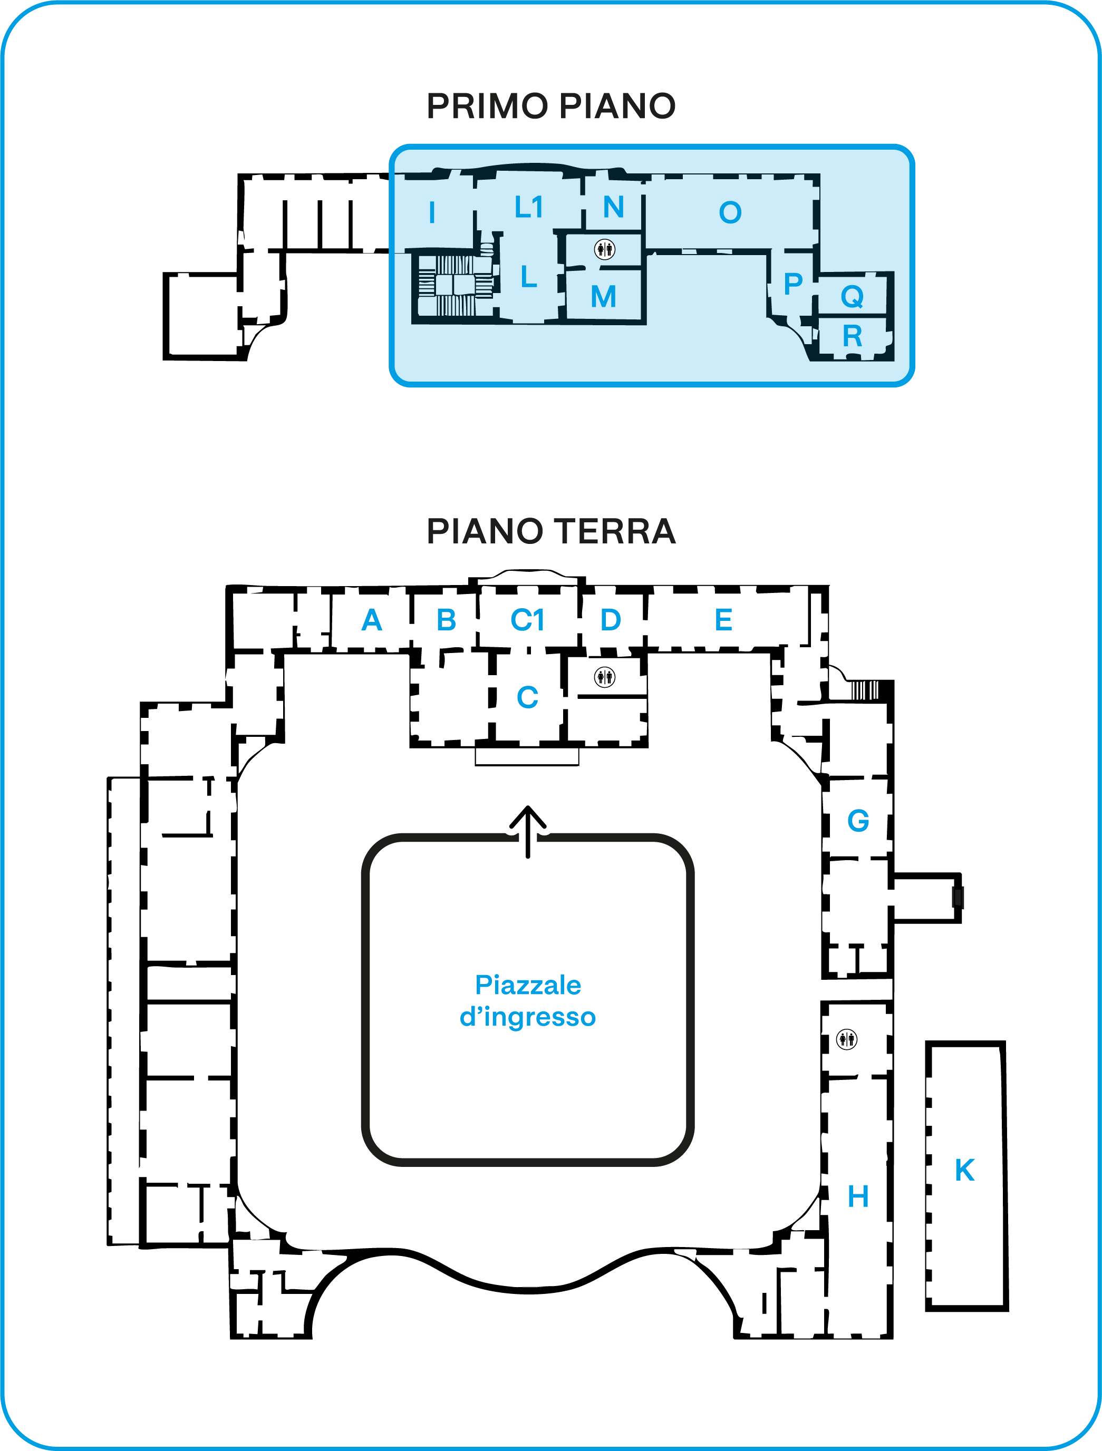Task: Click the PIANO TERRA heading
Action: point(550,531)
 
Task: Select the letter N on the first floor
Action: point(613,207)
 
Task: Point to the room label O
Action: point(730,212)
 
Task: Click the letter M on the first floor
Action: point(603,297)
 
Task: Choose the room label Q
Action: point(852,297)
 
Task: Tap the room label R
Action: point(852,336)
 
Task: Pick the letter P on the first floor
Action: point(793,284)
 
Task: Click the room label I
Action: point(431,212)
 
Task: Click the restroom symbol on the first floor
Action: point(604,249)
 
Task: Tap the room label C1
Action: point(528,620)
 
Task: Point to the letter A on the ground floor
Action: point(372,620)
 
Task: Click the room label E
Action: point(723,620)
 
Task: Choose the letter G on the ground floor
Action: point(858,821)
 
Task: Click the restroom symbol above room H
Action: point(847,1039)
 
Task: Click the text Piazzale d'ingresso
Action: point(528,1000)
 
